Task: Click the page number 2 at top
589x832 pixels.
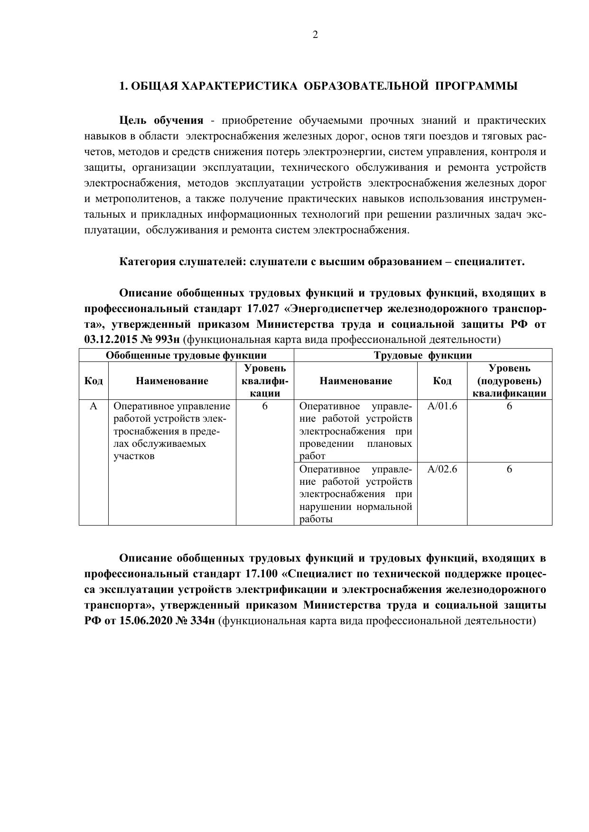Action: pyautogui.click(x=315, y=35)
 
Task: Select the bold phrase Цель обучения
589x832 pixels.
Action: pyautogui.click(x=161, y=120)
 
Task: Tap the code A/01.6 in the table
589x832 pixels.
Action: pyautogui.click(x=442, y=407)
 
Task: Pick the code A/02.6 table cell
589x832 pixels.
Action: pyautogui.click(x=442, y=470)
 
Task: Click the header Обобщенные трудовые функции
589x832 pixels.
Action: pyautogui.click(x=186, y=355)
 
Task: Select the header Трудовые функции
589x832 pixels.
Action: pyautogui.click(x=422, y=355)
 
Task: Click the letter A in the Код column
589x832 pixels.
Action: pyautogui.click(x=93, y=407)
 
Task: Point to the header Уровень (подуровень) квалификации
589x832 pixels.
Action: pyautogui.click(x=509, y=381)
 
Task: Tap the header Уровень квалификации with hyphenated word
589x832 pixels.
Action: pyautogui.click(x=265, y=381)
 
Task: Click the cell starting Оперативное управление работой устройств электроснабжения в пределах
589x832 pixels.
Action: pyautogui.click(x=172, y=431)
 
